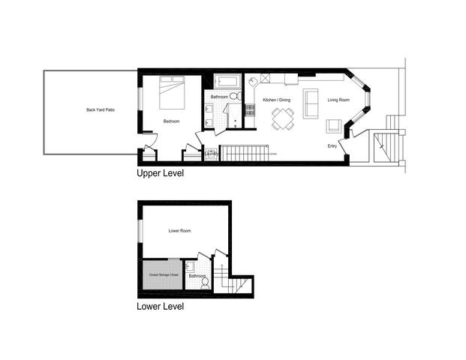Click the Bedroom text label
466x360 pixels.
click(171, 121)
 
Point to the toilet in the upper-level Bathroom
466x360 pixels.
click(235, 97)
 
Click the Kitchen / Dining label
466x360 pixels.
click(275, 100)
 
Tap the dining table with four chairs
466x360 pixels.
click(283, 117)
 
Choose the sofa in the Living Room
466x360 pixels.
click(311, 103)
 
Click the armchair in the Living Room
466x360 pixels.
click(334, 127)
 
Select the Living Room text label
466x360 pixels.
click(338, 100)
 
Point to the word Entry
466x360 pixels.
click(332, 145)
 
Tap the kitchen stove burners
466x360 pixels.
click(253, 79)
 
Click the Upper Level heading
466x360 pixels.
click(160, 173)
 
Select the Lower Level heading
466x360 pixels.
click(160, 306)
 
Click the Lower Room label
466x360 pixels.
click(179, 231)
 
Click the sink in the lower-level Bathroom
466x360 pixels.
click(190, 266)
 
